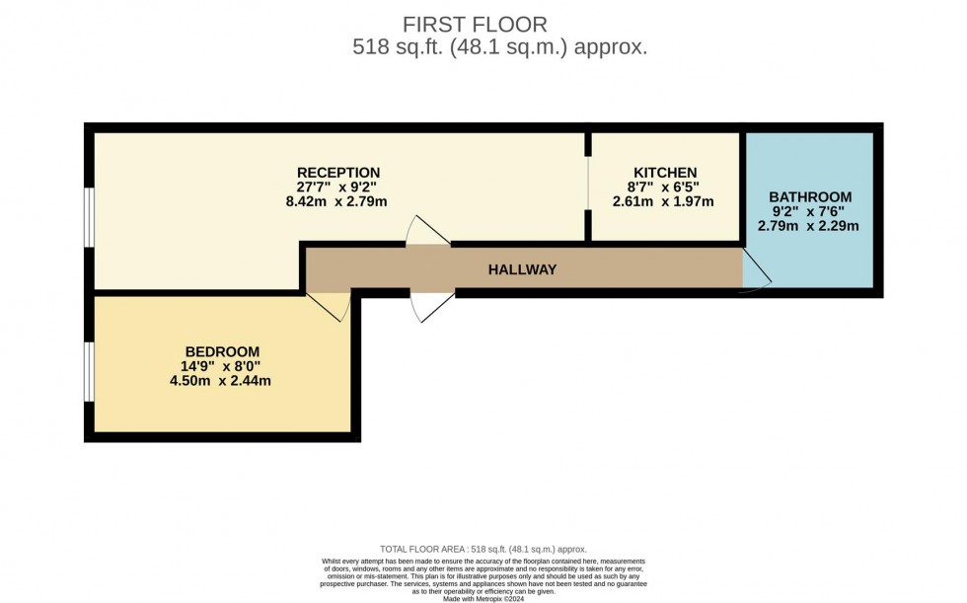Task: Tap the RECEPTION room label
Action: tap(338, 173)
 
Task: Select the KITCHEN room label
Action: tap(665, 172)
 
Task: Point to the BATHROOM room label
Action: tap(810, 196)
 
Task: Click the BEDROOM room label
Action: tap(222, 351)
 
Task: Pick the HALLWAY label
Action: tap(522, 269)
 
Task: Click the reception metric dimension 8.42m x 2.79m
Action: tap(335, 201)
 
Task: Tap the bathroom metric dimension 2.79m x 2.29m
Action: tap(808, 225)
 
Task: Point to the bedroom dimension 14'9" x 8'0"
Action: tap(220, 366)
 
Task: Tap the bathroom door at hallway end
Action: tap(756, 269)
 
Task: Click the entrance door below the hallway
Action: tap(432, 306)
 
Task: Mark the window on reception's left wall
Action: tap(90, 214)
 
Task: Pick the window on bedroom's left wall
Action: tap(90, 371)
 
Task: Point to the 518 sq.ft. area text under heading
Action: tap(500, 46)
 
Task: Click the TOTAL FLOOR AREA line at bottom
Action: tap(483, 549)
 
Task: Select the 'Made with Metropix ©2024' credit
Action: tap(483, 598)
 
